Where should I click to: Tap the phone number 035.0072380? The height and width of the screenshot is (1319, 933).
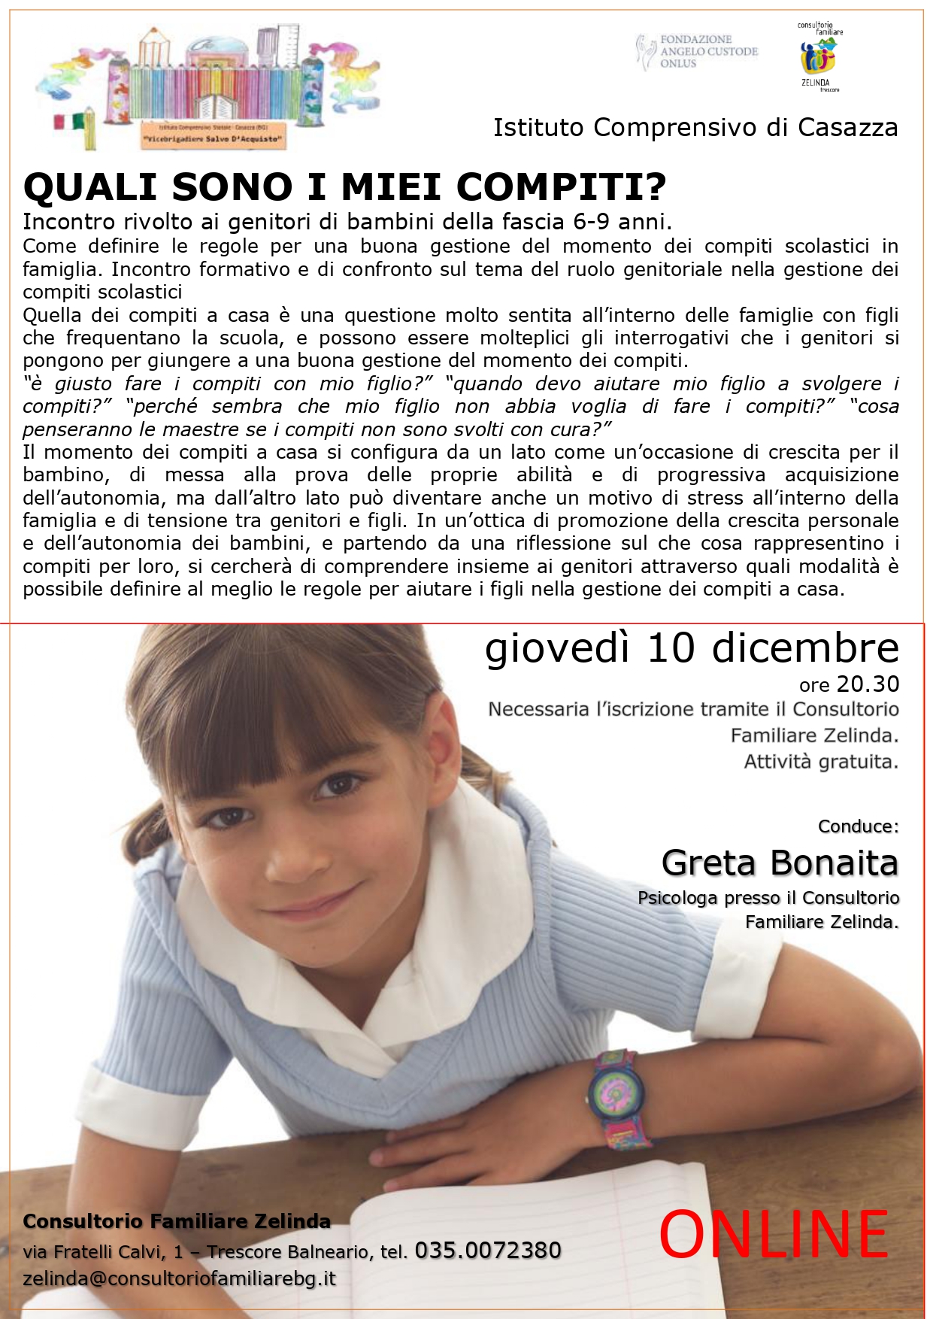(x=488, y=1251)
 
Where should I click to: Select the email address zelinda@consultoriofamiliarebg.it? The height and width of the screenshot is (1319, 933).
(x=179, y=1278)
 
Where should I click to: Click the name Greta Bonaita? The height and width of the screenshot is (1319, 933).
(x=780, y=863)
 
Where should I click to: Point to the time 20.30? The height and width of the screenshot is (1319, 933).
(x=868, y=684)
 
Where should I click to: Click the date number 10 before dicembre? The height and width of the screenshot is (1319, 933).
(x=671, y=647)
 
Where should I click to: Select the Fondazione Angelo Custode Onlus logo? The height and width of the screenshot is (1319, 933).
(x=697, y=51)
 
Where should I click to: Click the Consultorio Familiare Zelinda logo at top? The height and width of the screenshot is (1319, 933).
(x=819, y=57)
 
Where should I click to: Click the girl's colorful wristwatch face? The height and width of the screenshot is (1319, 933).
(x=616, y=1087)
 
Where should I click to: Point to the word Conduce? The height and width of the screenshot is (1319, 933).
(x=858, y=826)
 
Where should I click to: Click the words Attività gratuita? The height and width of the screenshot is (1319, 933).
(x=821, y=762)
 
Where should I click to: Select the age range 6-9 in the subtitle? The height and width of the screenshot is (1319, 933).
(x=588, y=222)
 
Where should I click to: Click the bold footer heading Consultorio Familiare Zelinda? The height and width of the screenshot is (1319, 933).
(x=177, y=1221)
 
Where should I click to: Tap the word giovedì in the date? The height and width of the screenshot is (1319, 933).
(x=556, y=647)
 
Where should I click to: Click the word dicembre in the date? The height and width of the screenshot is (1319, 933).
(x=805, y=647)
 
